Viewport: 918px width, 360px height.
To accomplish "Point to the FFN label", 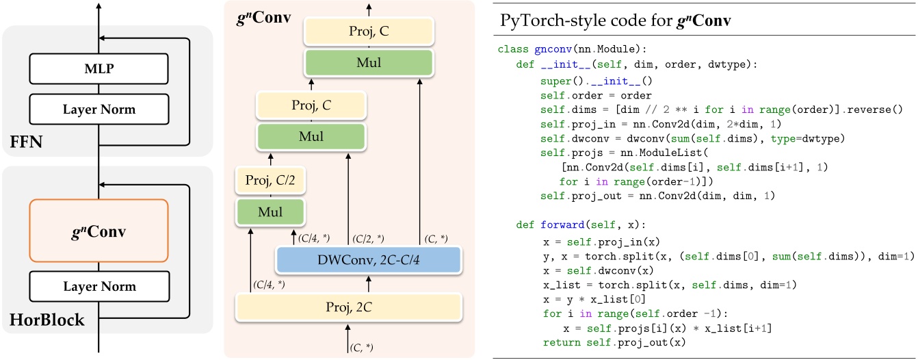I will [x=25, y=144].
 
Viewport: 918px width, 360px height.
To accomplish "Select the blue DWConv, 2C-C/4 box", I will [x=368, y=260].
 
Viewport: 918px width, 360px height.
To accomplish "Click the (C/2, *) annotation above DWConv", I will [x=367, y=238].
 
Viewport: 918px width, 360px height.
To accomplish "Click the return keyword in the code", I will [x=558, y=342].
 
